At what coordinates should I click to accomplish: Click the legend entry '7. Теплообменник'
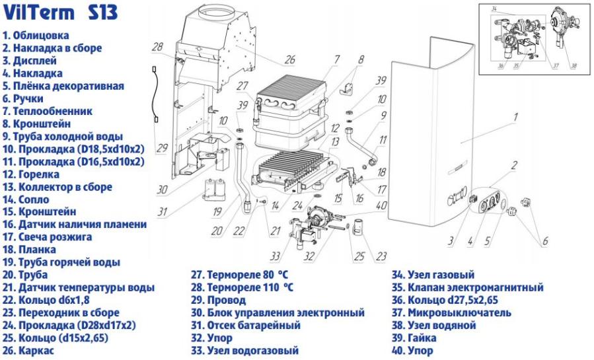(47, 111)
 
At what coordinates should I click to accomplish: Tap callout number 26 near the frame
(289, 59)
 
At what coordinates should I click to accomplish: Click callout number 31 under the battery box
(161, 213)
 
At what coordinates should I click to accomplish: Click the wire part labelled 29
(153, 92)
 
